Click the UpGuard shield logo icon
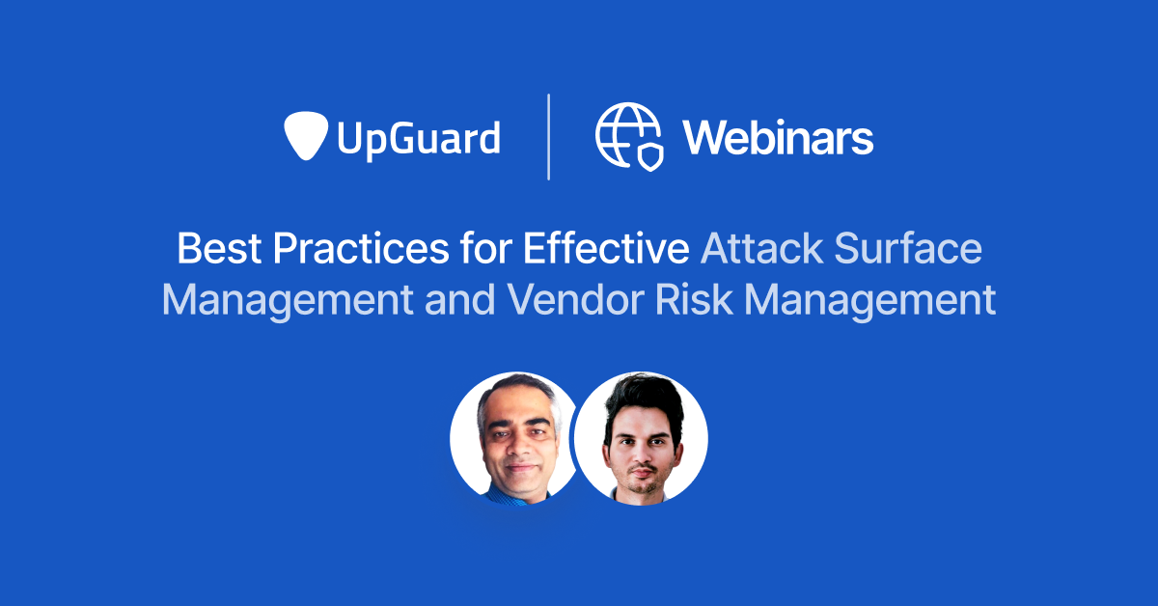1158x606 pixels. pos(307,136)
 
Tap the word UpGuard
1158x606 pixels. pos(418,138)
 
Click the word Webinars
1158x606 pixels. pos(778,138)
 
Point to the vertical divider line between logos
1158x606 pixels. pos(549,136)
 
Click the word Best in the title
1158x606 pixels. pos(220,250)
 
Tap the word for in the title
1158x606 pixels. pos(478,250)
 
